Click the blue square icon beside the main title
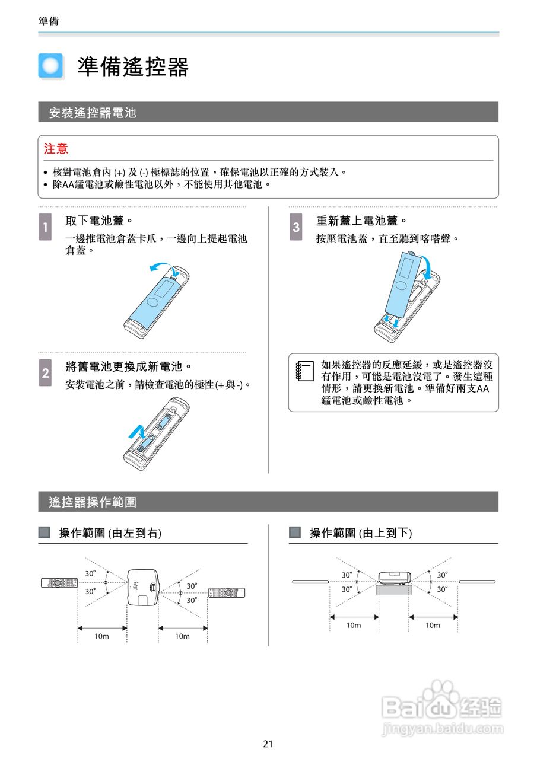[x=50, y=66]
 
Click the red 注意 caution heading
[x=56, y=148]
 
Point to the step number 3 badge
[x=296, y=227]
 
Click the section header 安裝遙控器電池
[x=93, y=112]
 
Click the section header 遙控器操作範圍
[x=93, y=502]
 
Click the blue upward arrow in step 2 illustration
[x=137, y=432]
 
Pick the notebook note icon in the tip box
[x=303, y=372]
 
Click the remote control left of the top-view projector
[x=59, y=582]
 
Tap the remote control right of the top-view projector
[x=226, y=592]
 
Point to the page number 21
[x=268, y=744]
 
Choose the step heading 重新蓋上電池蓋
[x=361, y=221]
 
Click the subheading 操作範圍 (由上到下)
[x=360, y=532]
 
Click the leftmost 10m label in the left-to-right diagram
[x=102, y=636]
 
